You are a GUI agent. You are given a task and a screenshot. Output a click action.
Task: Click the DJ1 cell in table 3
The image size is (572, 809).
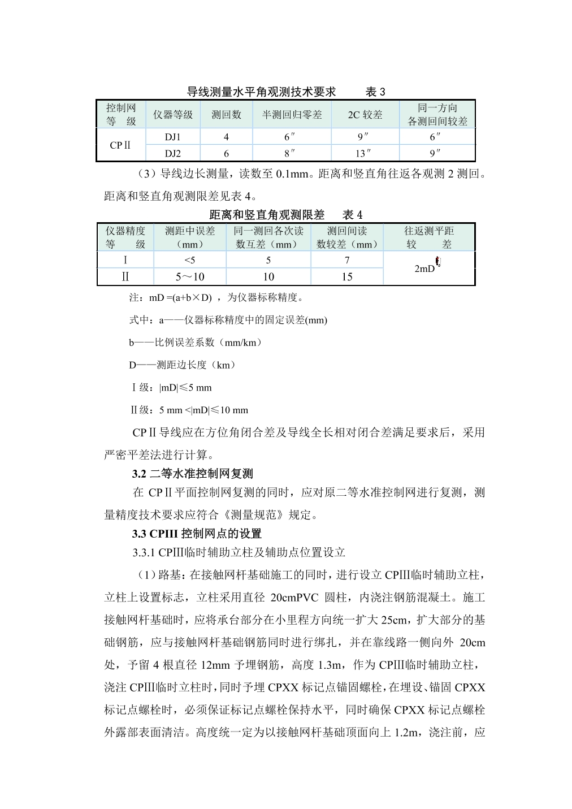173,137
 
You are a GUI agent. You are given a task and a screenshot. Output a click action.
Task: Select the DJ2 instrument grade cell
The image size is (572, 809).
173,153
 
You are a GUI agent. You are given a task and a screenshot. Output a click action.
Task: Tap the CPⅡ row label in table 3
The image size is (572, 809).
120,145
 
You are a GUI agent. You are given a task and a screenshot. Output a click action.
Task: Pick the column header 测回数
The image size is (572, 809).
226,115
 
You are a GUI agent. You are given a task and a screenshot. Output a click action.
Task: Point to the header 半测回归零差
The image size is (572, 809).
292,115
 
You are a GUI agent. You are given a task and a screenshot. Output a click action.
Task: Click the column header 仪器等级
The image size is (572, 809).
173,115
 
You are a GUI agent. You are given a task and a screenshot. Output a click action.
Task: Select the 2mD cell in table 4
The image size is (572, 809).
425,269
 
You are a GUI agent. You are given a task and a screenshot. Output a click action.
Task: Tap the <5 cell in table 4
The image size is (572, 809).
189,260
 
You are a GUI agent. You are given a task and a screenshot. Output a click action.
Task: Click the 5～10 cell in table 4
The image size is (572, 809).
189,277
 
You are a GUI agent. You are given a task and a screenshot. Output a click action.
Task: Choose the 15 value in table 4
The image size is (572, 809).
347,277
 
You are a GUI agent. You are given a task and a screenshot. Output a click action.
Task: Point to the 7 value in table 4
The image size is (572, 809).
347,260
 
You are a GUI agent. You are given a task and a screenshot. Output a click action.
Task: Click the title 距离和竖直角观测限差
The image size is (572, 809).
267,215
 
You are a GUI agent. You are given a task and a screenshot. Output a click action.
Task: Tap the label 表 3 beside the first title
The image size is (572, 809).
375,92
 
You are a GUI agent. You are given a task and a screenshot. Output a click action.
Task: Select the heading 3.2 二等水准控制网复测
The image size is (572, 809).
192,474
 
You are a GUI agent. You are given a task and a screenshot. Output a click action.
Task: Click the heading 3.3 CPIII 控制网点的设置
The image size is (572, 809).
197,534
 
